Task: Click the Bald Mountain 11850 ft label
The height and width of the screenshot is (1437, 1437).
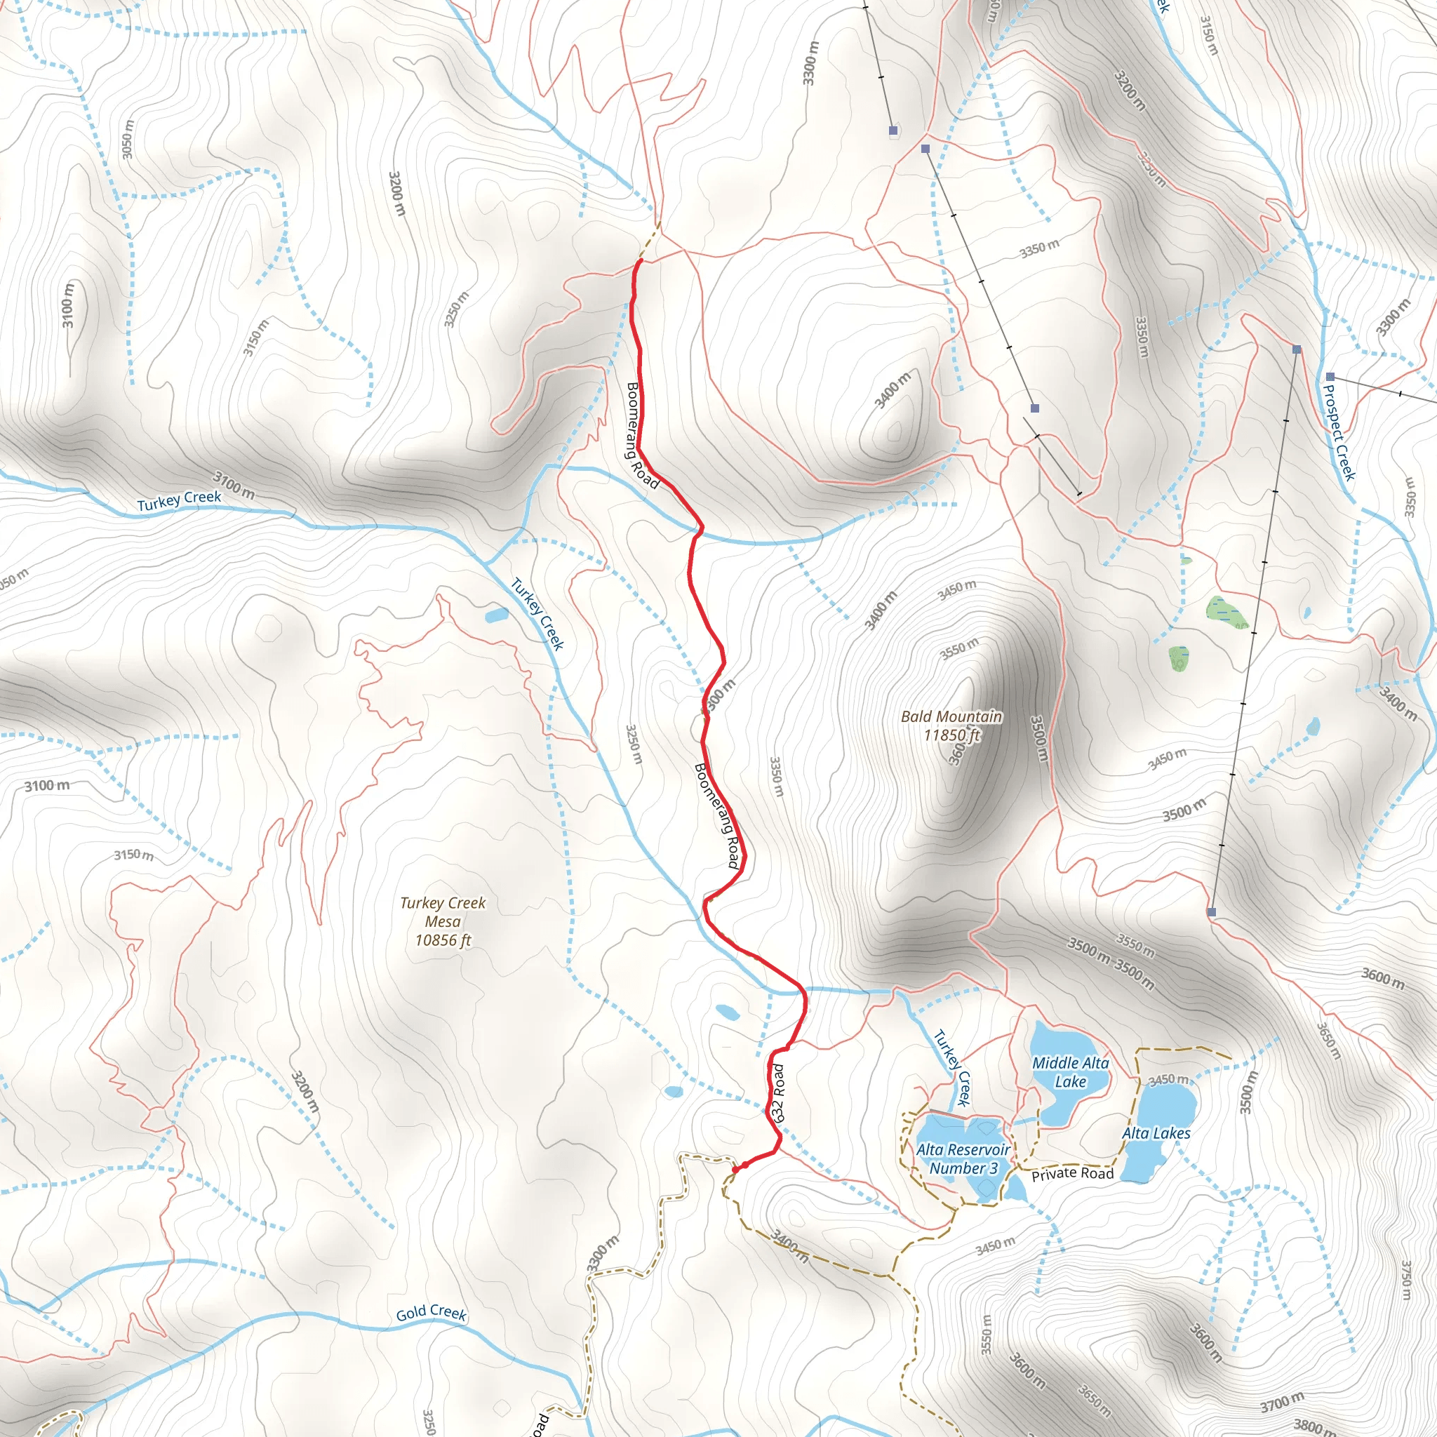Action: (x=951, y=726)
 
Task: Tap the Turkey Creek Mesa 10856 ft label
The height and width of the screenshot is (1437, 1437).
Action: (x=443, y=921)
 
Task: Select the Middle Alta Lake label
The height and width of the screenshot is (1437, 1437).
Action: (x=1069, y=1073)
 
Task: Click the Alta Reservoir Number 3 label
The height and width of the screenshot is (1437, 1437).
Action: (x=963, y=1159)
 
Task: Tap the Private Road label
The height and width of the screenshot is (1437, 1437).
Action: (x=1072, y=1174)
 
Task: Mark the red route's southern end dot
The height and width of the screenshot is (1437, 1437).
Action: (x=735, y=1170)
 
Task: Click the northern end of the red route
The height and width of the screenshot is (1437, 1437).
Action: (x=639, y=261)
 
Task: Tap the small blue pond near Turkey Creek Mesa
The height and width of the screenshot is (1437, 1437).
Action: (x=496, y=615)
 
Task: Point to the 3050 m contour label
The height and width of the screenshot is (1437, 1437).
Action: (x=128, y=139)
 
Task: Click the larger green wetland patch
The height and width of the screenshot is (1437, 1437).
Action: (x=1224, y=610)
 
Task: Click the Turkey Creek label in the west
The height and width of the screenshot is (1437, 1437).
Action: (x=179, y=500)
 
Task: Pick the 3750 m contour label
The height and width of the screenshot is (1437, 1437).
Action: (x=1405, y=1279)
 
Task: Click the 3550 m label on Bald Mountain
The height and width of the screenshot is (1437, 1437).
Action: (x=958, y=648)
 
